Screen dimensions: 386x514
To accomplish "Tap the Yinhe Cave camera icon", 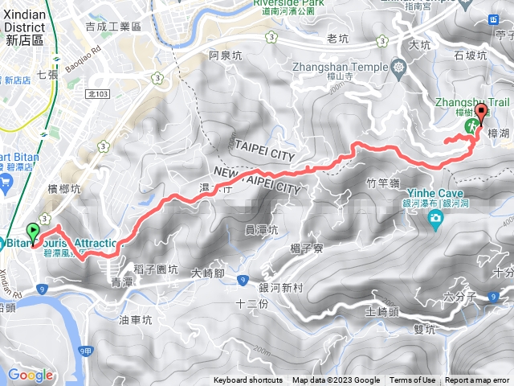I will (x=434, y=219).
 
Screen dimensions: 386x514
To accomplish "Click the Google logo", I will (x=30, y=375).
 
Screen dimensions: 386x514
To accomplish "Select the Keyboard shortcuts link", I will (x=248, y=380).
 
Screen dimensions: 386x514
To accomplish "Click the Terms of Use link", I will (x=413, y=380).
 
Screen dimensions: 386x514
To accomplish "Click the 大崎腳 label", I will (x=209, y=273).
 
